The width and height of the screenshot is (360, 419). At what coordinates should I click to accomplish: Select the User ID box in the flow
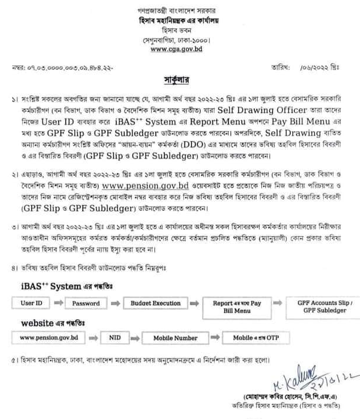coord(32,303)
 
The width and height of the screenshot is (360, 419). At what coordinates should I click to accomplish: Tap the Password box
coord(86,303)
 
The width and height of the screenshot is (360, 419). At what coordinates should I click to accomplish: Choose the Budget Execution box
coord(156,303)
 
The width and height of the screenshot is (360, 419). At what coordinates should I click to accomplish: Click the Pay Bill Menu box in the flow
coord(237,307)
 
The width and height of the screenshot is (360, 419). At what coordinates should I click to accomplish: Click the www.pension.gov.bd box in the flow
coord(49,338)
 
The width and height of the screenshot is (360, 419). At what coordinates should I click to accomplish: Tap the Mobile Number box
coord(176,338)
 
